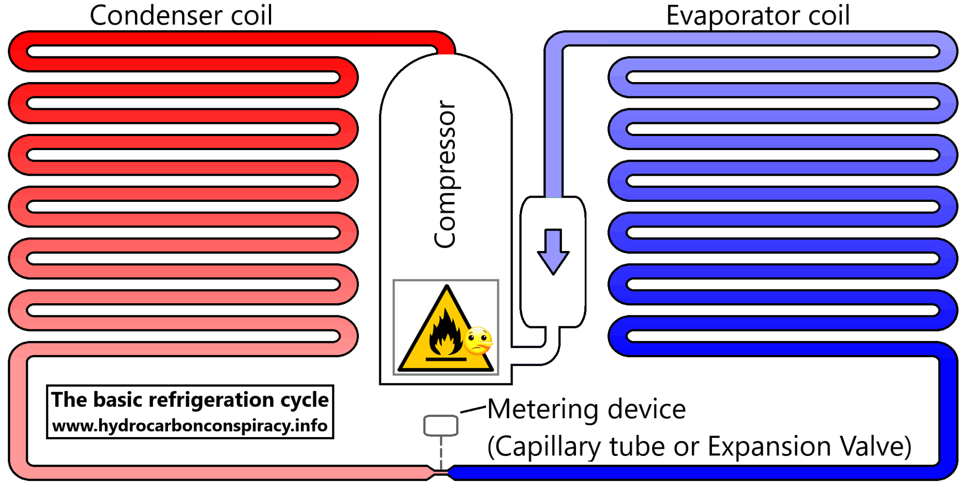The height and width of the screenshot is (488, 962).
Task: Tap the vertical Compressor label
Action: point(445,174)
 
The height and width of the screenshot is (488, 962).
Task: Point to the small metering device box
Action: point(441,425)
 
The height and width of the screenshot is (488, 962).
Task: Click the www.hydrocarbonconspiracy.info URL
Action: point(190,426)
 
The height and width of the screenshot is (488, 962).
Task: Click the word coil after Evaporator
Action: point(829,15)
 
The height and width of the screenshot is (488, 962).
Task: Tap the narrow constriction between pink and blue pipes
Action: point(441,472)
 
